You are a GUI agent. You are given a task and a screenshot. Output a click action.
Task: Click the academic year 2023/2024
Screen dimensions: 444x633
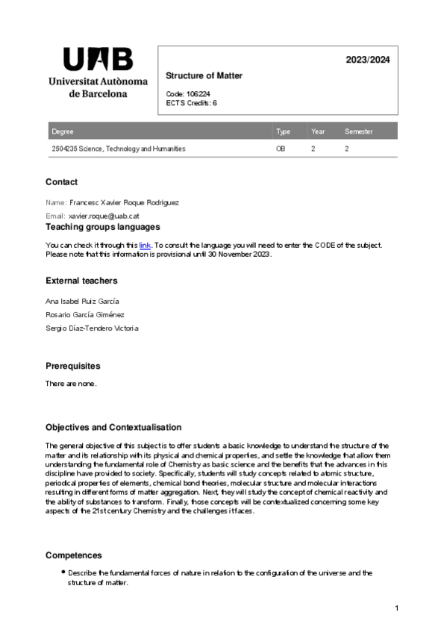(x=367, y=60)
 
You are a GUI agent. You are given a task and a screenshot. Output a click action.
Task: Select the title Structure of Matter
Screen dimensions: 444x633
(x=204, y=76)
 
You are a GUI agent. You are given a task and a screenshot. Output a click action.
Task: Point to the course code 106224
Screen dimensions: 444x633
(x=198, y=94)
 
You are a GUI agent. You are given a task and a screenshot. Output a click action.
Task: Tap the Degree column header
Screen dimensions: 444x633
(x=63, y=131)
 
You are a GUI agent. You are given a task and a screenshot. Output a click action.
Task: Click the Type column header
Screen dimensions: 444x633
(x=283, y=131)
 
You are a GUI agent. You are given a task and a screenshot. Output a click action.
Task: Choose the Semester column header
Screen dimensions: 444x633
(x=358, y=131)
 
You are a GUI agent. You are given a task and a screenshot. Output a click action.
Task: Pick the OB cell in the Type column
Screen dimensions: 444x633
(x=281, y=149)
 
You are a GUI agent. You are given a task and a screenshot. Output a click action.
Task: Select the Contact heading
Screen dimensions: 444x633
(x=61, y=182)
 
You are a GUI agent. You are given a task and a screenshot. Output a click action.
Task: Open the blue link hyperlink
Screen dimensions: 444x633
(x=145, y=245)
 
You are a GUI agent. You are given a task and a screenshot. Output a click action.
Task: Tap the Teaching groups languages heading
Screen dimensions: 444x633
(x=102, y=227)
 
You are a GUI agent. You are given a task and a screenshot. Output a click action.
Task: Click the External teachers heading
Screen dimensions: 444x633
(x=81, y=281)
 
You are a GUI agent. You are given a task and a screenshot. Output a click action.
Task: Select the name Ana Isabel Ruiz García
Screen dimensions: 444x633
(x=82, y=301)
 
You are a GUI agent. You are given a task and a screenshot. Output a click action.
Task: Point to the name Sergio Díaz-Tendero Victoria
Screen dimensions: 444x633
(x=92, y=328)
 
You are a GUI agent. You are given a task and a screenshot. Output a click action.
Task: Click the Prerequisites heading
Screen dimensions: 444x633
(x=72, y=367)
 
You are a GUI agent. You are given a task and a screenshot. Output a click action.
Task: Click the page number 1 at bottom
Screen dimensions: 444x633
(x=397, y=609)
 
